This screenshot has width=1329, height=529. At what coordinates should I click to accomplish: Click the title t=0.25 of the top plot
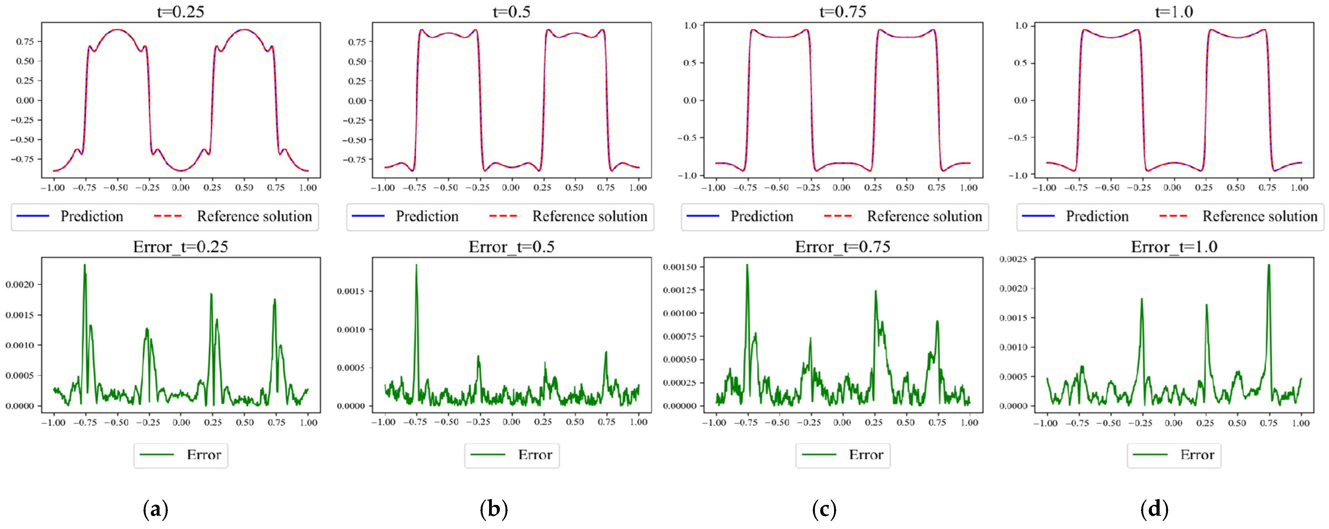coord(181,11)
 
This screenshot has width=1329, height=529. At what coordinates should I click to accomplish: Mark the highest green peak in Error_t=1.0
coord(1269,265)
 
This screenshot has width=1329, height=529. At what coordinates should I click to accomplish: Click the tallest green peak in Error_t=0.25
coord(85,265)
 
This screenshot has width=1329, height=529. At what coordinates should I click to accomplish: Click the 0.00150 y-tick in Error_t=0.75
coord(680,267)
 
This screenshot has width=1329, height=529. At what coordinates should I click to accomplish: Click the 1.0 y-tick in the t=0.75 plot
coord(690,25)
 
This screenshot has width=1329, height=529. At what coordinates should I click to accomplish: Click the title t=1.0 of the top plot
coord(1174,11)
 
